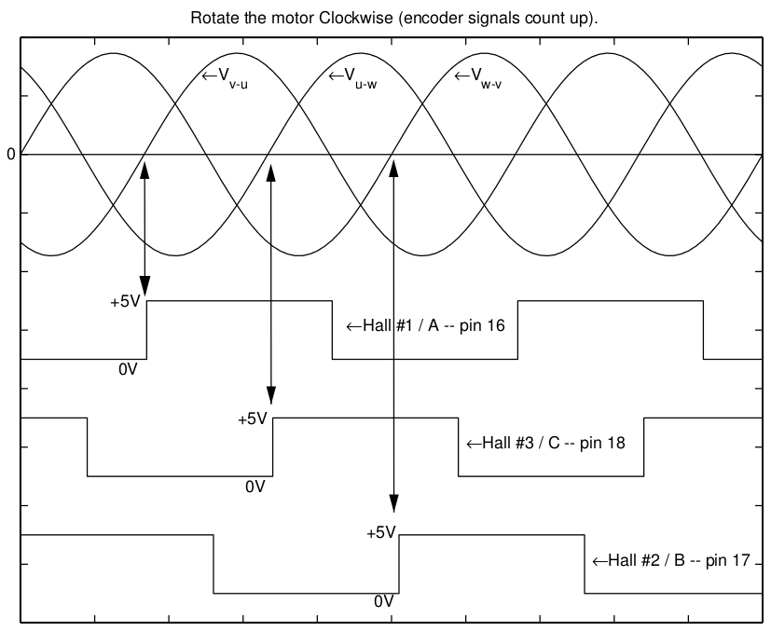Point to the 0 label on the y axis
click(x=10, y=155)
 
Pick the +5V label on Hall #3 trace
click(x=253, y=418)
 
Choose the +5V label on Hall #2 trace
click(x=381, y=533)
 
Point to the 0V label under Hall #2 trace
click(x=384, y=602)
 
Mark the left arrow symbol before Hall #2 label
click(x=599, y=561)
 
